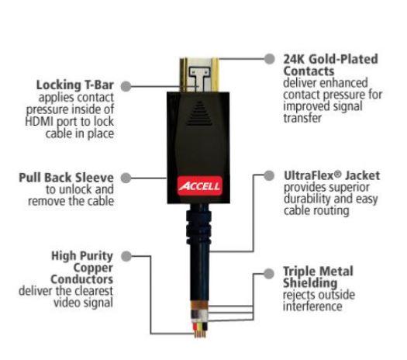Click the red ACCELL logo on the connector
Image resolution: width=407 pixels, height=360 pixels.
(x=200, y=186)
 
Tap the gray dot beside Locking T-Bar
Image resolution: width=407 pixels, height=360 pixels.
(x=126, y=86)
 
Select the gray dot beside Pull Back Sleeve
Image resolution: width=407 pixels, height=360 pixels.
(x=126, y=178)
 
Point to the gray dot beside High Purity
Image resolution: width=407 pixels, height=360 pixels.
(x=126, y=256)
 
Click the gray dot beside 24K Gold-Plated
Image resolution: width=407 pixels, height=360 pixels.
(x=270, y=59)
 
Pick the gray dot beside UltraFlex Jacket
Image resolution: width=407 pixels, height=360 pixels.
(x=269, y=175)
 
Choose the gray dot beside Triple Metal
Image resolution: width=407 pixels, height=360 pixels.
(x=269, y=274)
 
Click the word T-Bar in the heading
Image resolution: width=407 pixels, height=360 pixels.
(x=99, y=85)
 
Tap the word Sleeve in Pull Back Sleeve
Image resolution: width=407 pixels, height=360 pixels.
(x=94, y=178)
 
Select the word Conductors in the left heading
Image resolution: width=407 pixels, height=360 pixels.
(x=81, y=279)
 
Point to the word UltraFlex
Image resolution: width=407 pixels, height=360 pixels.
(x=309, y=175)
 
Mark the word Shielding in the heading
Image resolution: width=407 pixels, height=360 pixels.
(x=310, y=283)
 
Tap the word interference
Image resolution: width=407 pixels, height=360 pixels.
(x=312, y=306)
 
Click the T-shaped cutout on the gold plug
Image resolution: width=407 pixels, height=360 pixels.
(x=199, y=78)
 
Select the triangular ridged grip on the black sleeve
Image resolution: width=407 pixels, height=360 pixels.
(x=199, y=113)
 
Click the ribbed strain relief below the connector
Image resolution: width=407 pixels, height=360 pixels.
(x=198, y=227)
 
